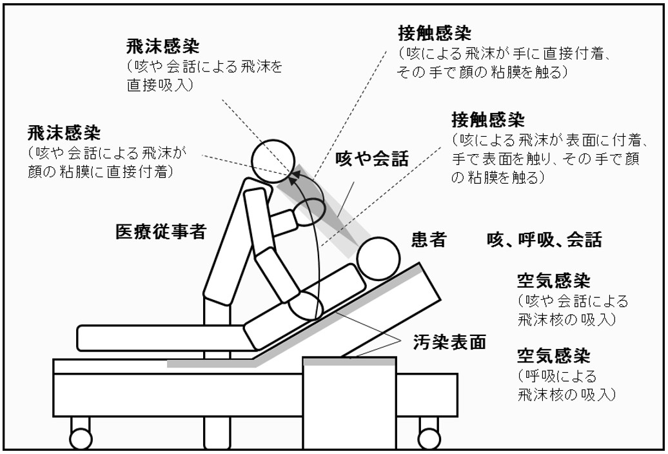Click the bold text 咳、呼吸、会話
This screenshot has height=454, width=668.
point(544,241)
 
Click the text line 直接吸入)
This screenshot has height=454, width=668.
point(163,84)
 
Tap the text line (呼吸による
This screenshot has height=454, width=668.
point(556,375)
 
